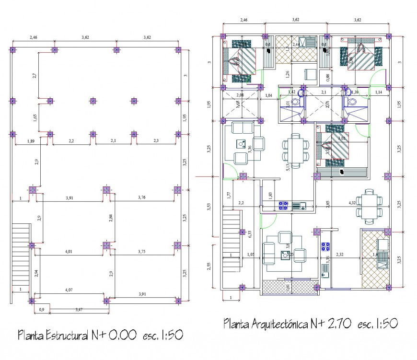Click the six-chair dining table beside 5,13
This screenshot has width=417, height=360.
click(292, 151)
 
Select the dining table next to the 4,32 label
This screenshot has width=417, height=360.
click(369, 207)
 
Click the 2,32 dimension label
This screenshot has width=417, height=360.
click(341, 254)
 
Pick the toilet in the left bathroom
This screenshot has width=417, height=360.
click(296, 102)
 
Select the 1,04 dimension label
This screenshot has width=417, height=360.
click(269, 96)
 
